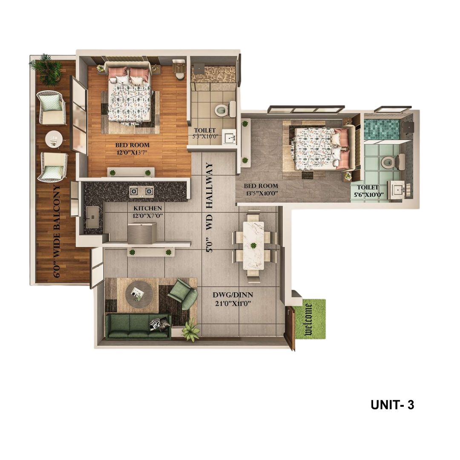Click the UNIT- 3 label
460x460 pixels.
[x=392, y=405]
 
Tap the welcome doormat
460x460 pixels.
[x=311, y=319]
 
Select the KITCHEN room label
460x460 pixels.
[x=147, y=208]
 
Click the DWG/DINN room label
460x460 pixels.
[x=233, y=295]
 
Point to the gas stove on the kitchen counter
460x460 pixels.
[x=142, y=191]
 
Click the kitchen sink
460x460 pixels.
[x=93, y=217]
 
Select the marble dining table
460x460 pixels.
[x=253, y=246]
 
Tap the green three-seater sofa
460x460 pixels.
[x=138, y=327]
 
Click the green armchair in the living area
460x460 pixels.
[x=183, y=293]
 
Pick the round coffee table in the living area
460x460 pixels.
[x=139, y=294]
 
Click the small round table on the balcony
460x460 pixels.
[x=54, y=139]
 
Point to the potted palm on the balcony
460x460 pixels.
[x=46, y=69]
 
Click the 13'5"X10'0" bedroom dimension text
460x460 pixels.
[x=262, y=193]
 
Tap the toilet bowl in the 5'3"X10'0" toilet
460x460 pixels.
[x=221, y=110]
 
